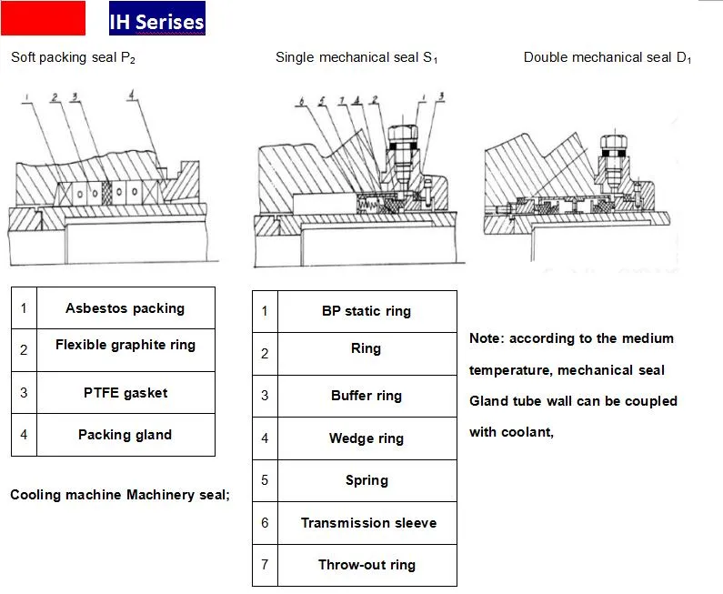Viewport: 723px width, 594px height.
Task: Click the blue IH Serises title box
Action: tap(156, 19)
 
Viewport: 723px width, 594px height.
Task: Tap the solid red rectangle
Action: tap(43, 18)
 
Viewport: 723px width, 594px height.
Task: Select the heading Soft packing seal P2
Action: tap(73, 57)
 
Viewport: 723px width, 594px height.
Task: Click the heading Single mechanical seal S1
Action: tap(356, 58)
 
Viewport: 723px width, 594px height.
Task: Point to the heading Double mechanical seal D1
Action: tap(608, 58)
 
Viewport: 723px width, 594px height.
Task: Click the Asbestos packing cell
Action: tap(125, 308)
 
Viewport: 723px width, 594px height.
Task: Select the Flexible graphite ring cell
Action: tap(125, 346)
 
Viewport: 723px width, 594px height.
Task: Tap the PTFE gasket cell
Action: tap(125, 393)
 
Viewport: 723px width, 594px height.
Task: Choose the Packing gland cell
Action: tap(125, 435)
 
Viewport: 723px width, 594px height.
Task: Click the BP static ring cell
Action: tap(366, 311)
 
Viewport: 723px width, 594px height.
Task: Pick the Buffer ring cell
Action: tap(366, 396)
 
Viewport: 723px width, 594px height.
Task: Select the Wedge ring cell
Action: tap(366, 438)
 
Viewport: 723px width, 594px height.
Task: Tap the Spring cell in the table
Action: tap(366, 480)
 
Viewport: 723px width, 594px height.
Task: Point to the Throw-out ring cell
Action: tap(366, 565)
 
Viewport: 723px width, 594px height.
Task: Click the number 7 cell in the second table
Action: tap(265, 565)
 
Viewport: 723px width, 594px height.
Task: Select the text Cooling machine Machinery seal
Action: tap(119, 495)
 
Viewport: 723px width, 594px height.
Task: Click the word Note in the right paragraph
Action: tap(486, 338)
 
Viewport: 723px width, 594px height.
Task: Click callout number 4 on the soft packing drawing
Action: tap(132, 94)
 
